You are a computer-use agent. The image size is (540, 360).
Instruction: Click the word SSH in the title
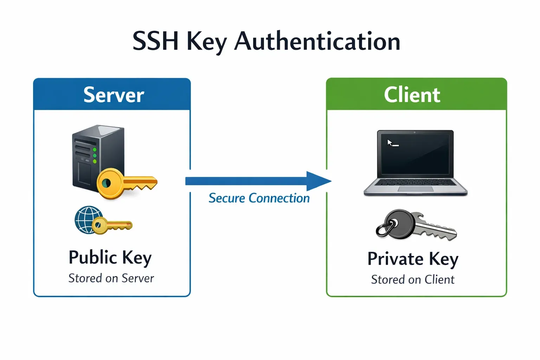pos(155,41)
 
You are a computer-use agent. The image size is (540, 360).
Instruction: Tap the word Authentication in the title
pos(317,41)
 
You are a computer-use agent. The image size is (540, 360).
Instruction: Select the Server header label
pos(114,95)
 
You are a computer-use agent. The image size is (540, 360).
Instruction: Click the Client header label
pos(412,95)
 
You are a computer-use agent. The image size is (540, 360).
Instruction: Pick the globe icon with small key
pos(88,220)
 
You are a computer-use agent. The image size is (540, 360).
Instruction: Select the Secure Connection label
pos(259,198)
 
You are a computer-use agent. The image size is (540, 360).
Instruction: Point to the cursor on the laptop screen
pos(390,142)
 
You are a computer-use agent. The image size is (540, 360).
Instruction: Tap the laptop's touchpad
pos(416,189)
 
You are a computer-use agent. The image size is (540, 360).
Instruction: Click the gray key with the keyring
pos(418,225)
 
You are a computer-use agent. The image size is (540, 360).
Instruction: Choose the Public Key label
pos(110,257)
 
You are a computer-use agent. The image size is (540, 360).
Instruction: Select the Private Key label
pos(413,259)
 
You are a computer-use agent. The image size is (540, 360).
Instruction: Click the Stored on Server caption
pos(111,278)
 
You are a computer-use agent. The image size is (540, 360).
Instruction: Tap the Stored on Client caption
pos(413,280)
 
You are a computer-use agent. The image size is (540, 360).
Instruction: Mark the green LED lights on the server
pos(95,155)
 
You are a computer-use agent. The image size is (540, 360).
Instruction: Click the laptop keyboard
pos(416,182)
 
